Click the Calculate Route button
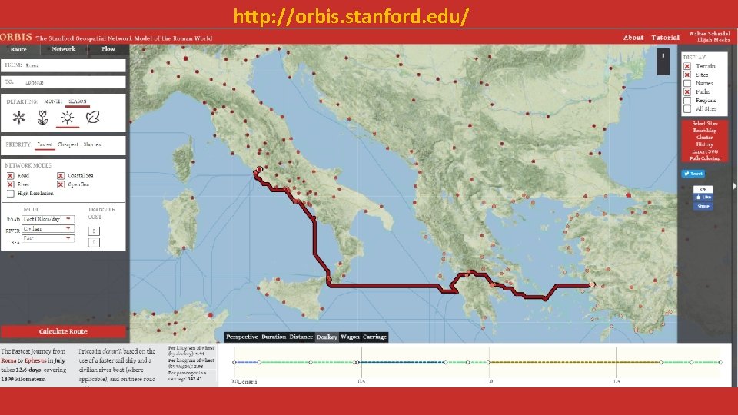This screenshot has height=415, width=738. click(63, 331)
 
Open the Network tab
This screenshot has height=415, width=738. click(64, 49)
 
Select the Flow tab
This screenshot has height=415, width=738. click(108, 49)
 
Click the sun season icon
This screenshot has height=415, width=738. click(68, 118)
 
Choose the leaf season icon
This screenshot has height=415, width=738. click(92, 118)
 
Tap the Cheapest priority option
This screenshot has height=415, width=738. click(68, 144)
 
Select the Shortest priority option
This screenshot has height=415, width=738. click(92, 144)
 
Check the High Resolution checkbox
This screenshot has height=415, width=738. click(11, 193)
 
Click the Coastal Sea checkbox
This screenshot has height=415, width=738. click(61, 175)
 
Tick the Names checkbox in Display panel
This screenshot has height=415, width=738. click(687, 83)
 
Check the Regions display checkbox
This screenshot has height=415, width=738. click(687, 101)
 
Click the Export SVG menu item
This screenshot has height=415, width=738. click(704, 151)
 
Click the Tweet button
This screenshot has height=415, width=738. click(692, 174)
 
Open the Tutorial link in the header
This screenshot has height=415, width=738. click(665, 38)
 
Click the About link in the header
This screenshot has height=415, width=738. click(633, 38)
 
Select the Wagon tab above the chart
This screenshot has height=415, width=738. click(350, 337)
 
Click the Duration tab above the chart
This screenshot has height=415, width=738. click(273, 337)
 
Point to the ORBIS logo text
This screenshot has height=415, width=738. click(16, 37)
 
